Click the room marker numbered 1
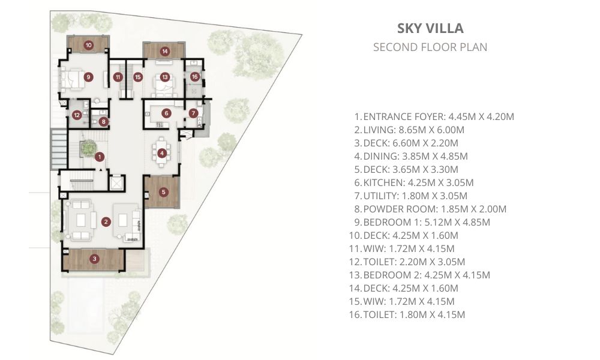point(100,157)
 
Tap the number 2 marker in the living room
point(106,221)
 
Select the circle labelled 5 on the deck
point(163,192)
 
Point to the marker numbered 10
point(88,45)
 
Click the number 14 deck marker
point(165,51)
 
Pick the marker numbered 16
point(195,77)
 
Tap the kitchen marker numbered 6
point(166,113)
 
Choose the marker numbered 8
point(103,122)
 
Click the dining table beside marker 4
point(162,152)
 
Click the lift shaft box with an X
point(116,183)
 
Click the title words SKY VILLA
point(430,28)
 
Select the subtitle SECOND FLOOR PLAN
point(430,47)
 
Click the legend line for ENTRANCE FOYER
point(434,116)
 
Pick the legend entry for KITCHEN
point(413,182)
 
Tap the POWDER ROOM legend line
point(430,209)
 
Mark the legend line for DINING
point(411,156)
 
